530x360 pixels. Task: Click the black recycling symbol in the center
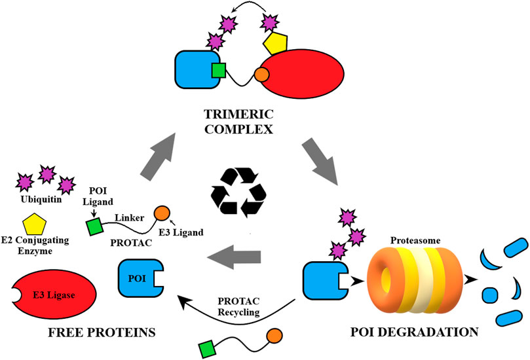pos(237,192)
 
